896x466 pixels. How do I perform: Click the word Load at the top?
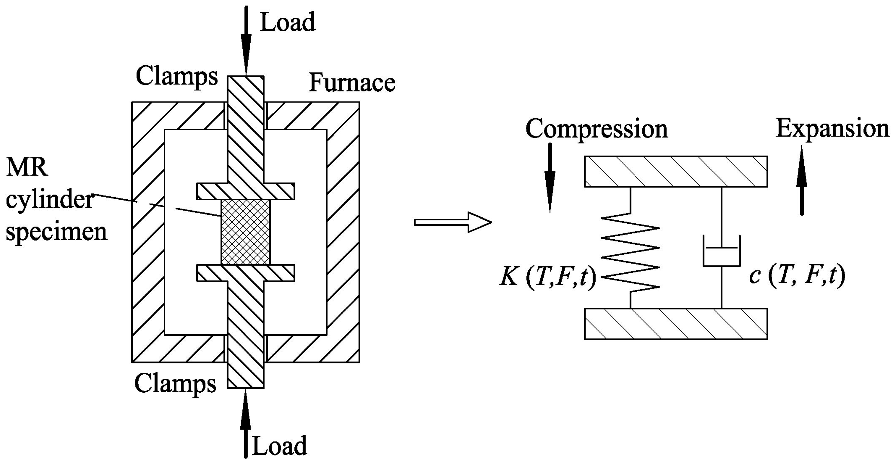point(288,22)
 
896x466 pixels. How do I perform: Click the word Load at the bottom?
point(279,446)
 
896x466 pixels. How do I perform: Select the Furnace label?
point(352,83)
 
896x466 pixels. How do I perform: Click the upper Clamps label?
point(177,77)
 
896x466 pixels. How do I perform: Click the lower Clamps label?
point(175,384)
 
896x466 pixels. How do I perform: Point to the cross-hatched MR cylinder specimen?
point(245,232)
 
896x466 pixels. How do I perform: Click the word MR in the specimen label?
point(27,168)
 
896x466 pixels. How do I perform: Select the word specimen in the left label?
point(56,232)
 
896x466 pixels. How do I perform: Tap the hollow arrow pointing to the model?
point(452,222)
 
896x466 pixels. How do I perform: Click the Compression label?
point(596,129)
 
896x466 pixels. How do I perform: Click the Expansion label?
point(832,129)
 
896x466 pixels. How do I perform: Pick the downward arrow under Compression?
point(550,177)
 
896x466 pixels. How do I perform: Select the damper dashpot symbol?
point(722,251)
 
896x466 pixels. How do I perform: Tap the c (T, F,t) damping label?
point(797,277)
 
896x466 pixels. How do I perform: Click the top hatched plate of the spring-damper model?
point(675,172)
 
